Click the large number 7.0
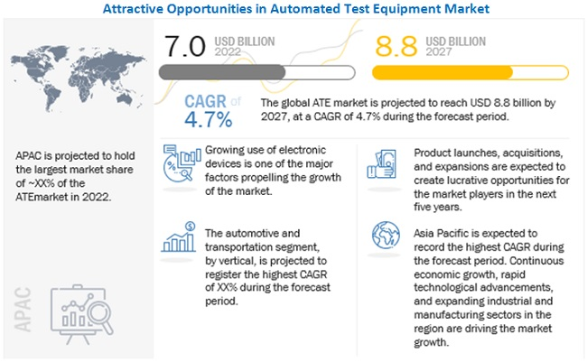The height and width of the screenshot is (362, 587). point(187,45)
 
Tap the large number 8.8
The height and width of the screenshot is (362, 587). point(395,45)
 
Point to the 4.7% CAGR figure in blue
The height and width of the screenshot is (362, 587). point(209,117)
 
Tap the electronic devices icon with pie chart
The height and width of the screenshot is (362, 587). point(179,166)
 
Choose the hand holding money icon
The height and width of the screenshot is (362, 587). point(383,164)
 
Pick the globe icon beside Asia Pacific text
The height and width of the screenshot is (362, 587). point(384,237)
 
